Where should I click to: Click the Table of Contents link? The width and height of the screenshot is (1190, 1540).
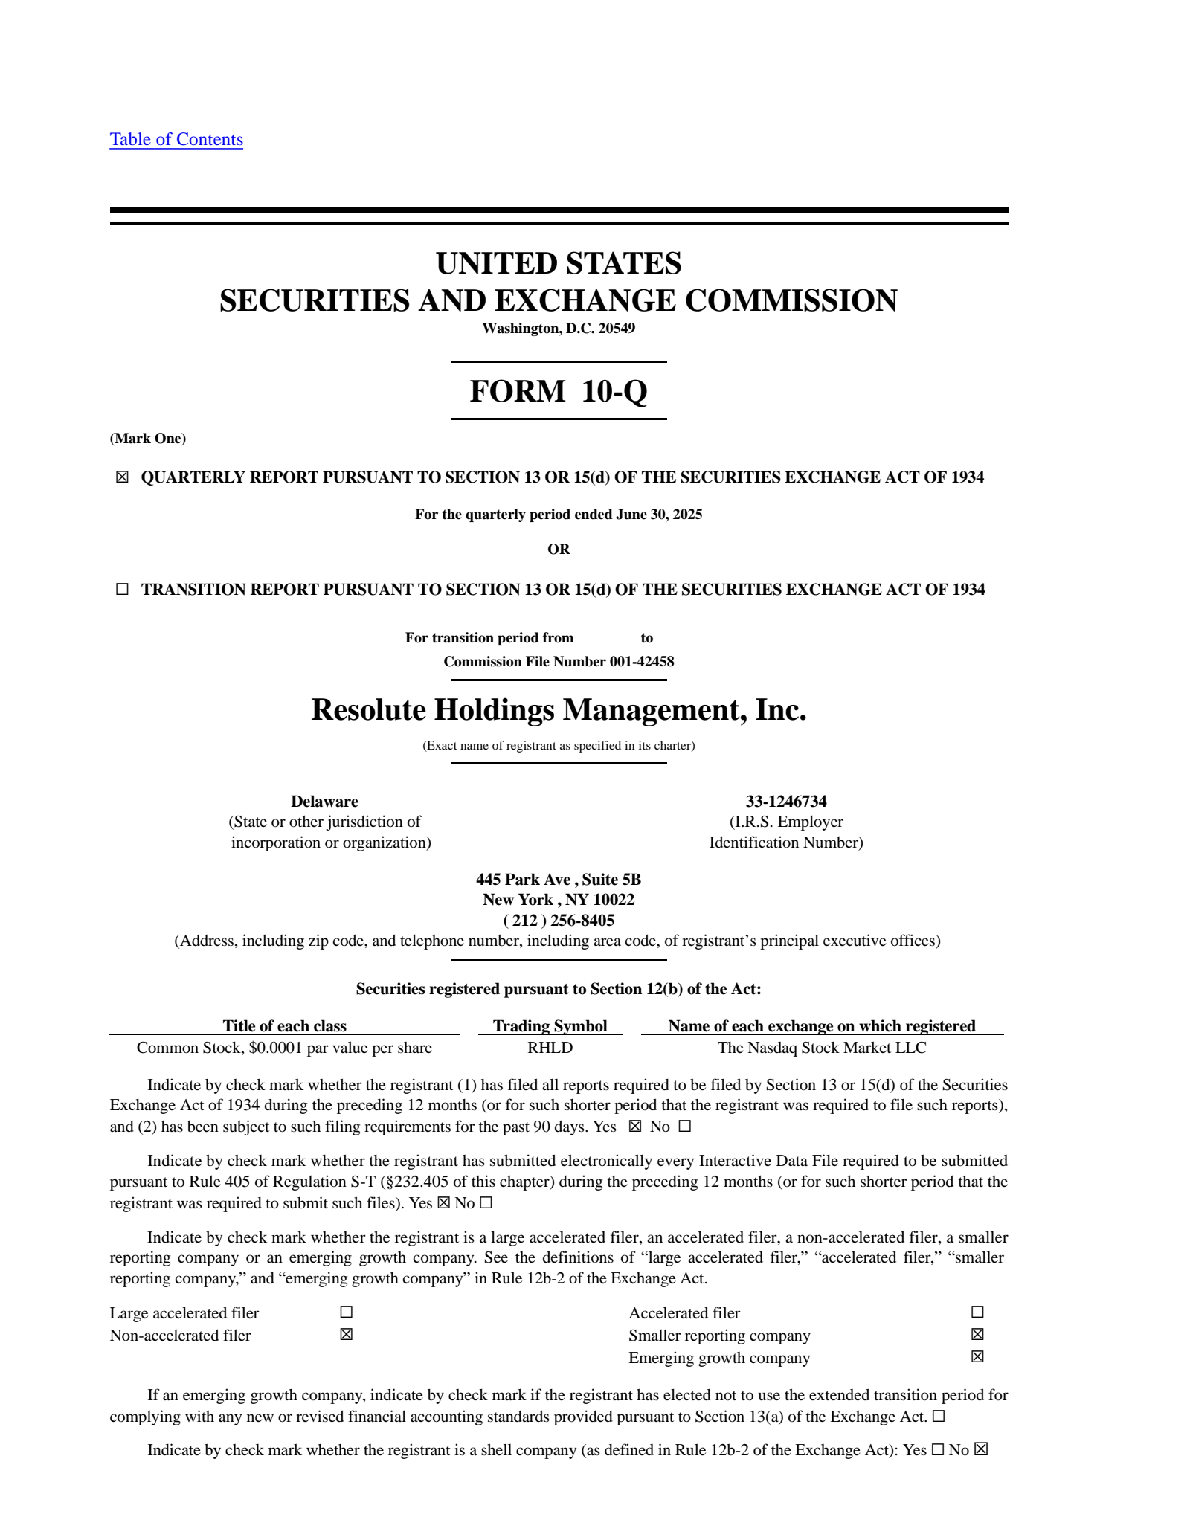[x=176, y=139]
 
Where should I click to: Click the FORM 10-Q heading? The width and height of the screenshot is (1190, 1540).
[x=559, y=391]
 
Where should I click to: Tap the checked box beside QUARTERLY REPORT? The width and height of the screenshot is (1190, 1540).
[x=122, y=477]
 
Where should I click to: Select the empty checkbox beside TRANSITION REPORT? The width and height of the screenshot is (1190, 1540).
[x=122, y=590]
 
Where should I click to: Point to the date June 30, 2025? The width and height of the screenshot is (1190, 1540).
[x=659, y=515]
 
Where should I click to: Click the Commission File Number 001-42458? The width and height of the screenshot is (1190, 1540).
[x=559, y=662]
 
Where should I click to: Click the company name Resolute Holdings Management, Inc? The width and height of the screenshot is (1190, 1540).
[x=559, y=710]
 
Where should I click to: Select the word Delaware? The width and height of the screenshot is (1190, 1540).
[x=324, y=802]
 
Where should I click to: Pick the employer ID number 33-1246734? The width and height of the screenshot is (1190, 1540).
[x=786, y=802]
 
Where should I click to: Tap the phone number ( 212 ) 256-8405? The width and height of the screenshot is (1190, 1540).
[x=559, y=921]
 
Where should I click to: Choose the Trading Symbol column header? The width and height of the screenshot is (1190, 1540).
[x=550, y=1026]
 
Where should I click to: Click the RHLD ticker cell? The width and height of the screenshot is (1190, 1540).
[x=550, y=1048]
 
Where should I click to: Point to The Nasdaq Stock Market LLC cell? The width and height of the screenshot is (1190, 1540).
[x=822, y=1048]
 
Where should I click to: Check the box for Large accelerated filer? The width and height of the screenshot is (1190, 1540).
[x=346, y=1312]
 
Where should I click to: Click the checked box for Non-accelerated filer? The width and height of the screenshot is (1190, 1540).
[x=346, y=1335]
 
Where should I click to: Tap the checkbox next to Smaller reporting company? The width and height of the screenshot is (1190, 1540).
[x=977, y=1335]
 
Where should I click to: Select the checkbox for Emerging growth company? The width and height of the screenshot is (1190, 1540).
[x=977, y=1357]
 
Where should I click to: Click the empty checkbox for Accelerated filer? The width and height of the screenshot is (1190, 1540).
[x=977, y=1312]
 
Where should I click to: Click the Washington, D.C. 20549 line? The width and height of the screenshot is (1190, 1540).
[x=559, y=329]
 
